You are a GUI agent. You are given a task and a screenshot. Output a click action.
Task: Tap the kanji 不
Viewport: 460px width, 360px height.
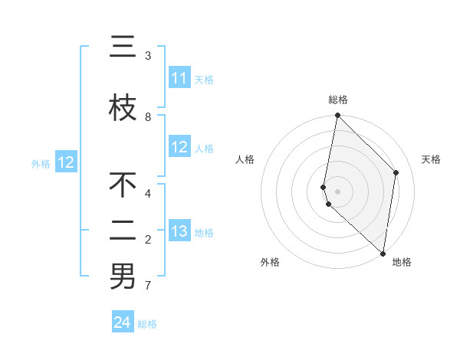(123, 185)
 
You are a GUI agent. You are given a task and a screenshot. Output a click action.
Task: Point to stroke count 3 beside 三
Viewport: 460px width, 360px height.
(148, 56)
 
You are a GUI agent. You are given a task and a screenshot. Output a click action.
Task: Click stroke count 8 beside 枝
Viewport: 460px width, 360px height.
(148, 116)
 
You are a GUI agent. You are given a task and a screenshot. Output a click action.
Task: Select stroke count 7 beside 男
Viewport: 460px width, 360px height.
(148, 286)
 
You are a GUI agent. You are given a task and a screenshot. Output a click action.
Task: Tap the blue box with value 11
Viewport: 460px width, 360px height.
(179, 79)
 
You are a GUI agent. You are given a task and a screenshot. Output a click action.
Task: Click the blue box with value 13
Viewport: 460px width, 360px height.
(179, 232)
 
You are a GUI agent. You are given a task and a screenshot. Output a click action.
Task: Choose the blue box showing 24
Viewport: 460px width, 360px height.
(123, 323)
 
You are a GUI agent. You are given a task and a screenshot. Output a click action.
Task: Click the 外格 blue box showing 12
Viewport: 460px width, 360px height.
(66, 162)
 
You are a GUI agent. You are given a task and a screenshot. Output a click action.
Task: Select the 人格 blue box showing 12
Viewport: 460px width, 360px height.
(179, 148)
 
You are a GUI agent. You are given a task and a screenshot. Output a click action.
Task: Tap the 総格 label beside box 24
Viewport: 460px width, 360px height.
(147, 324)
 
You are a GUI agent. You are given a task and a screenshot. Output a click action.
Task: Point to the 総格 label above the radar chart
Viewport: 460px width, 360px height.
(338, 100)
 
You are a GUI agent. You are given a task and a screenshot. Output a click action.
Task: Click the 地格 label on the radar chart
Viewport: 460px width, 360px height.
(402, 262)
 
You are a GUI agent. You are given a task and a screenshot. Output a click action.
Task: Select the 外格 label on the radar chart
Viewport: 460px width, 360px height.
(270, 262)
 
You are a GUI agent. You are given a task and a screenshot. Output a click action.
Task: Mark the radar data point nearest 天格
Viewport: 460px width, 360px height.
(396, 173)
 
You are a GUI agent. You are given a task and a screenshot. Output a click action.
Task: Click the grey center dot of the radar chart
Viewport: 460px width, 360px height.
(338, 191)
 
